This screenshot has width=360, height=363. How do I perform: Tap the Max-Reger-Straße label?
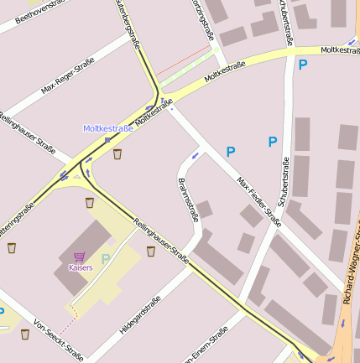point(68,75)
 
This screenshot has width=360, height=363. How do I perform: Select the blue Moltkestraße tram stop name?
point(107,128)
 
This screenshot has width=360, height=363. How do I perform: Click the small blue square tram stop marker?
point(107,140)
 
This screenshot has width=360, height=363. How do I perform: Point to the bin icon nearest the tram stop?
point(117,154)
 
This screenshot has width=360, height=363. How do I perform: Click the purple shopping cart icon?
point(80,257)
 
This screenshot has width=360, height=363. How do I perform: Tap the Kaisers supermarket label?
point(80,267)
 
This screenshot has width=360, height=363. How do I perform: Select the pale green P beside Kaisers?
point(106,259)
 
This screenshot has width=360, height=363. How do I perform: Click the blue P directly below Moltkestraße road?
point(302,65)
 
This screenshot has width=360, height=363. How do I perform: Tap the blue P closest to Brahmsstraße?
point(230,152)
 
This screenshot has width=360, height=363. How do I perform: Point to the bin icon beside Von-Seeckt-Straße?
point(25,334)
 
